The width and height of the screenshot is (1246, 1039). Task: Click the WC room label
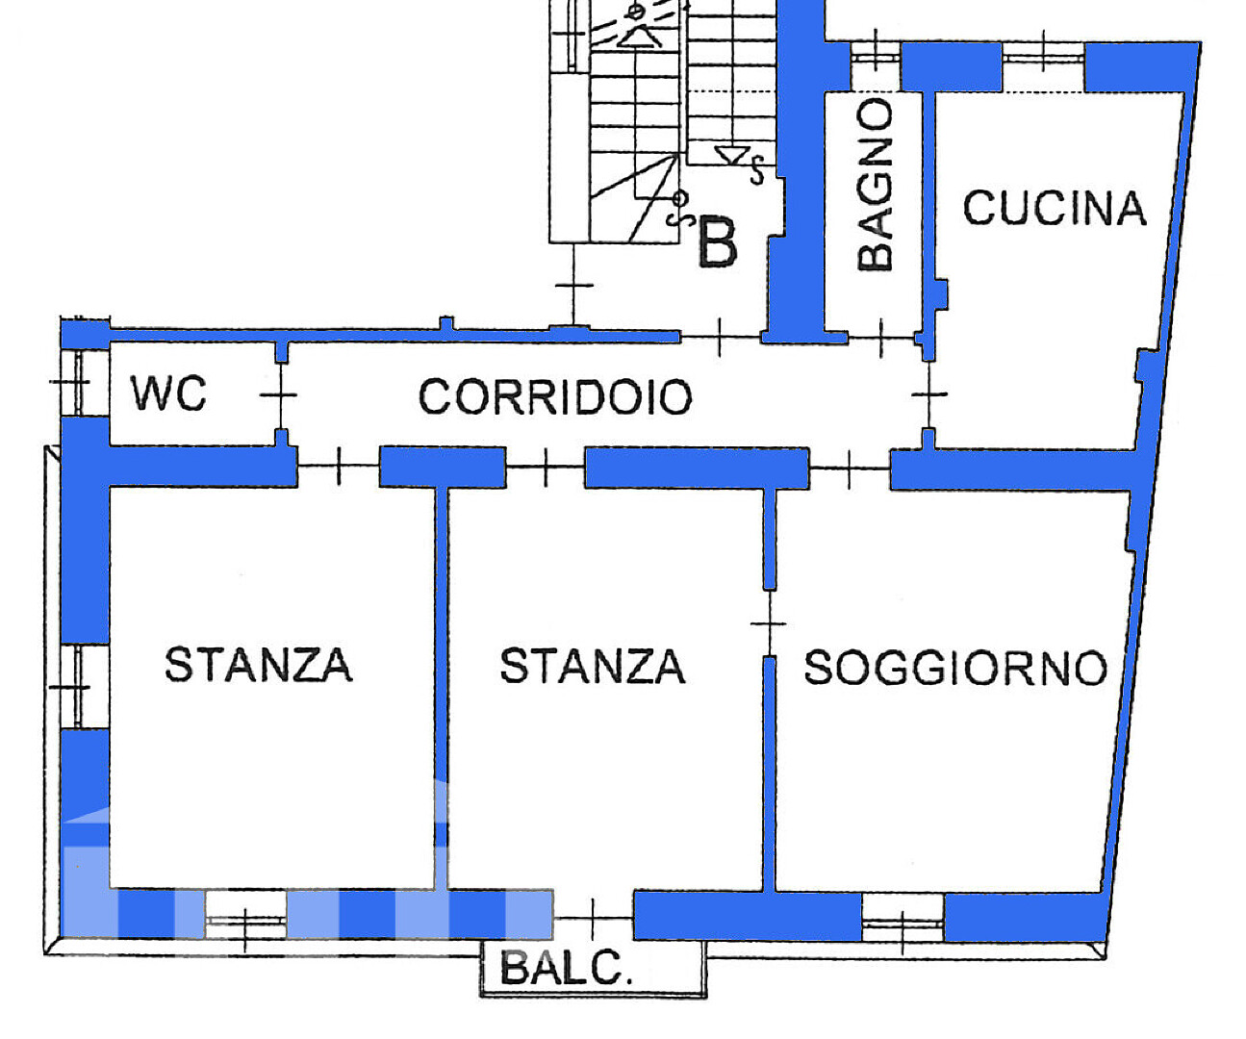(169, 393)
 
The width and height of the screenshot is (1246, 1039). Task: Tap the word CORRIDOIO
(555, 396)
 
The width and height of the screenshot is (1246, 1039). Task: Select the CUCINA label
(1055, 208)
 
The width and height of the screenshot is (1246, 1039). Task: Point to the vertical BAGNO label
(875, 184)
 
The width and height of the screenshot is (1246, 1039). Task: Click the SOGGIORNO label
(955, 667)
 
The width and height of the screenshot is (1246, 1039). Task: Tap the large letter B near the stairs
(717, 242)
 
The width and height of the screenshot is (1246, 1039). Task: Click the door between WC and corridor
(280, 394)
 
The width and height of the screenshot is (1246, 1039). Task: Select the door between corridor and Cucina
(929, 393)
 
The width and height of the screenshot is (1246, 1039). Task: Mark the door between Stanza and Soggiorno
(769, 623)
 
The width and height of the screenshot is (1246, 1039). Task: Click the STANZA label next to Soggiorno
(593, 666)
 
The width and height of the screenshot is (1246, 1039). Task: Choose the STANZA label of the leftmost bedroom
(259, 664)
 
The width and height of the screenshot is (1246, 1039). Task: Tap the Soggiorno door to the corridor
(850, 469)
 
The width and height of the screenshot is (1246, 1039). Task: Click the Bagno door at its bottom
(881, 338)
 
